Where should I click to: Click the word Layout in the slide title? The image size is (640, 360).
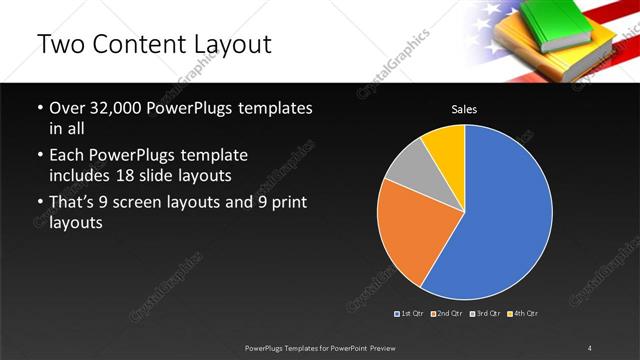click(225, 45)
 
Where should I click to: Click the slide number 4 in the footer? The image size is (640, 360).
click(590, 348)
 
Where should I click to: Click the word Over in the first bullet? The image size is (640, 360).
click(67, 108)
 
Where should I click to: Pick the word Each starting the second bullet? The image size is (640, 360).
click(67, 156)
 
